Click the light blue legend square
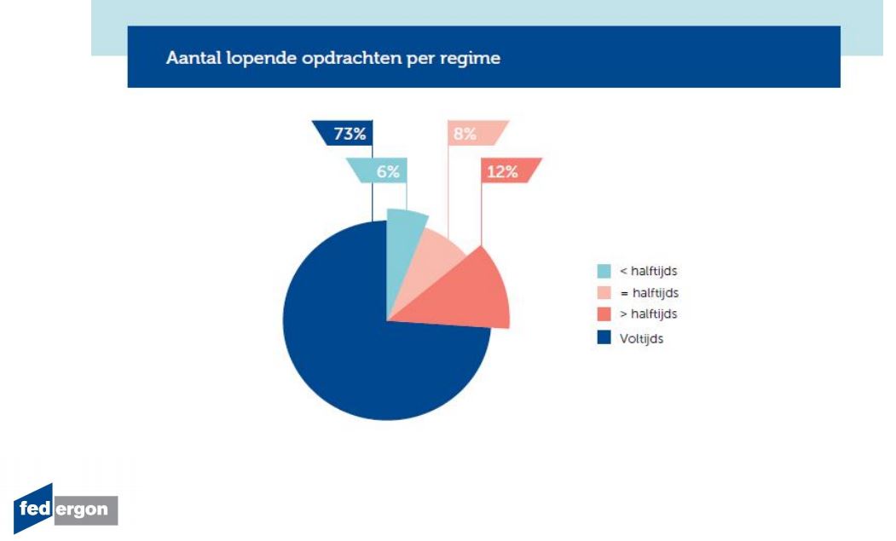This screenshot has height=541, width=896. coord(604,271)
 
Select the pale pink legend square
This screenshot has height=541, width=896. coord(604,292)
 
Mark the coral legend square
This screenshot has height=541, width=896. coord(604,314)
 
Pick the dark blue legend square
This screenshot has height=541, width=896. coord(604,337)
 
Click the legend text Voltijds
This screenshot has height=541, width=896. coord(641,339)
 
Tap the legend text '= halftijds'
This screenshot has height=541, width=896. coord(649,293)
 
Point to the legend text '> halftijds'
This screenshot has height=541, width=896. coord(648,314)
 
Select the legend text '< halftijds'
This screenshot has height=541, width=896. coord(648,271)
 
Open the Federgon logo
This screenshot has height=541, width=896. coord(65,508)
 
